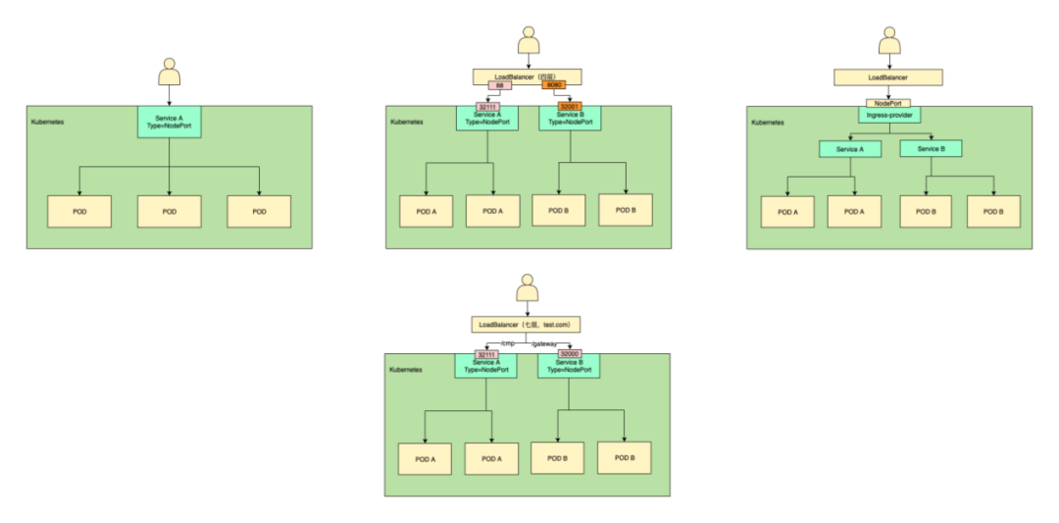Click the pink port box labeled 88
pos(500,86)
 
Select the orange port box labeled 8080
pos(553,86)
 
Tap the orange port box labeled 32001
pos(570,105)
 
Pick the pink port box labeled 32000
pos(569,353)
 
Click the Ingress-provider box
pos(889,115)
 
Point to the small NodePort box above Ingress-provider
pos(889,102)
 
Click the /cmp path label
pos(508,342)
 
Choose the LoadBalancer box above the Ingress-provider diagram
pos(888,76)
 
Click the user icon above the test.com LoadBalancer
pos(528,290)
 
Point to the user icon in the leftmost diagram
pos(170,75)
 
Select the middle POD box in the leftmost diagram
pos(169,211)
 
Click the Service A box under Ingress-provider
pos(849,149)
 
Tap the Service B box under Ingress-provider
pos(931,149)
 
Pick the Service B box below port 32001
pos(570,119)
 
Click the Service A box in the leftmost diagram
pos(170,122)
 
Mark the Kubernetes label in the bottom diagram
pos(406,370)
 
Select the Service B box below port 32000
pos(569,367)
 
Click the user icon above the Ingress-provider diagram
pos(889,42)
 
